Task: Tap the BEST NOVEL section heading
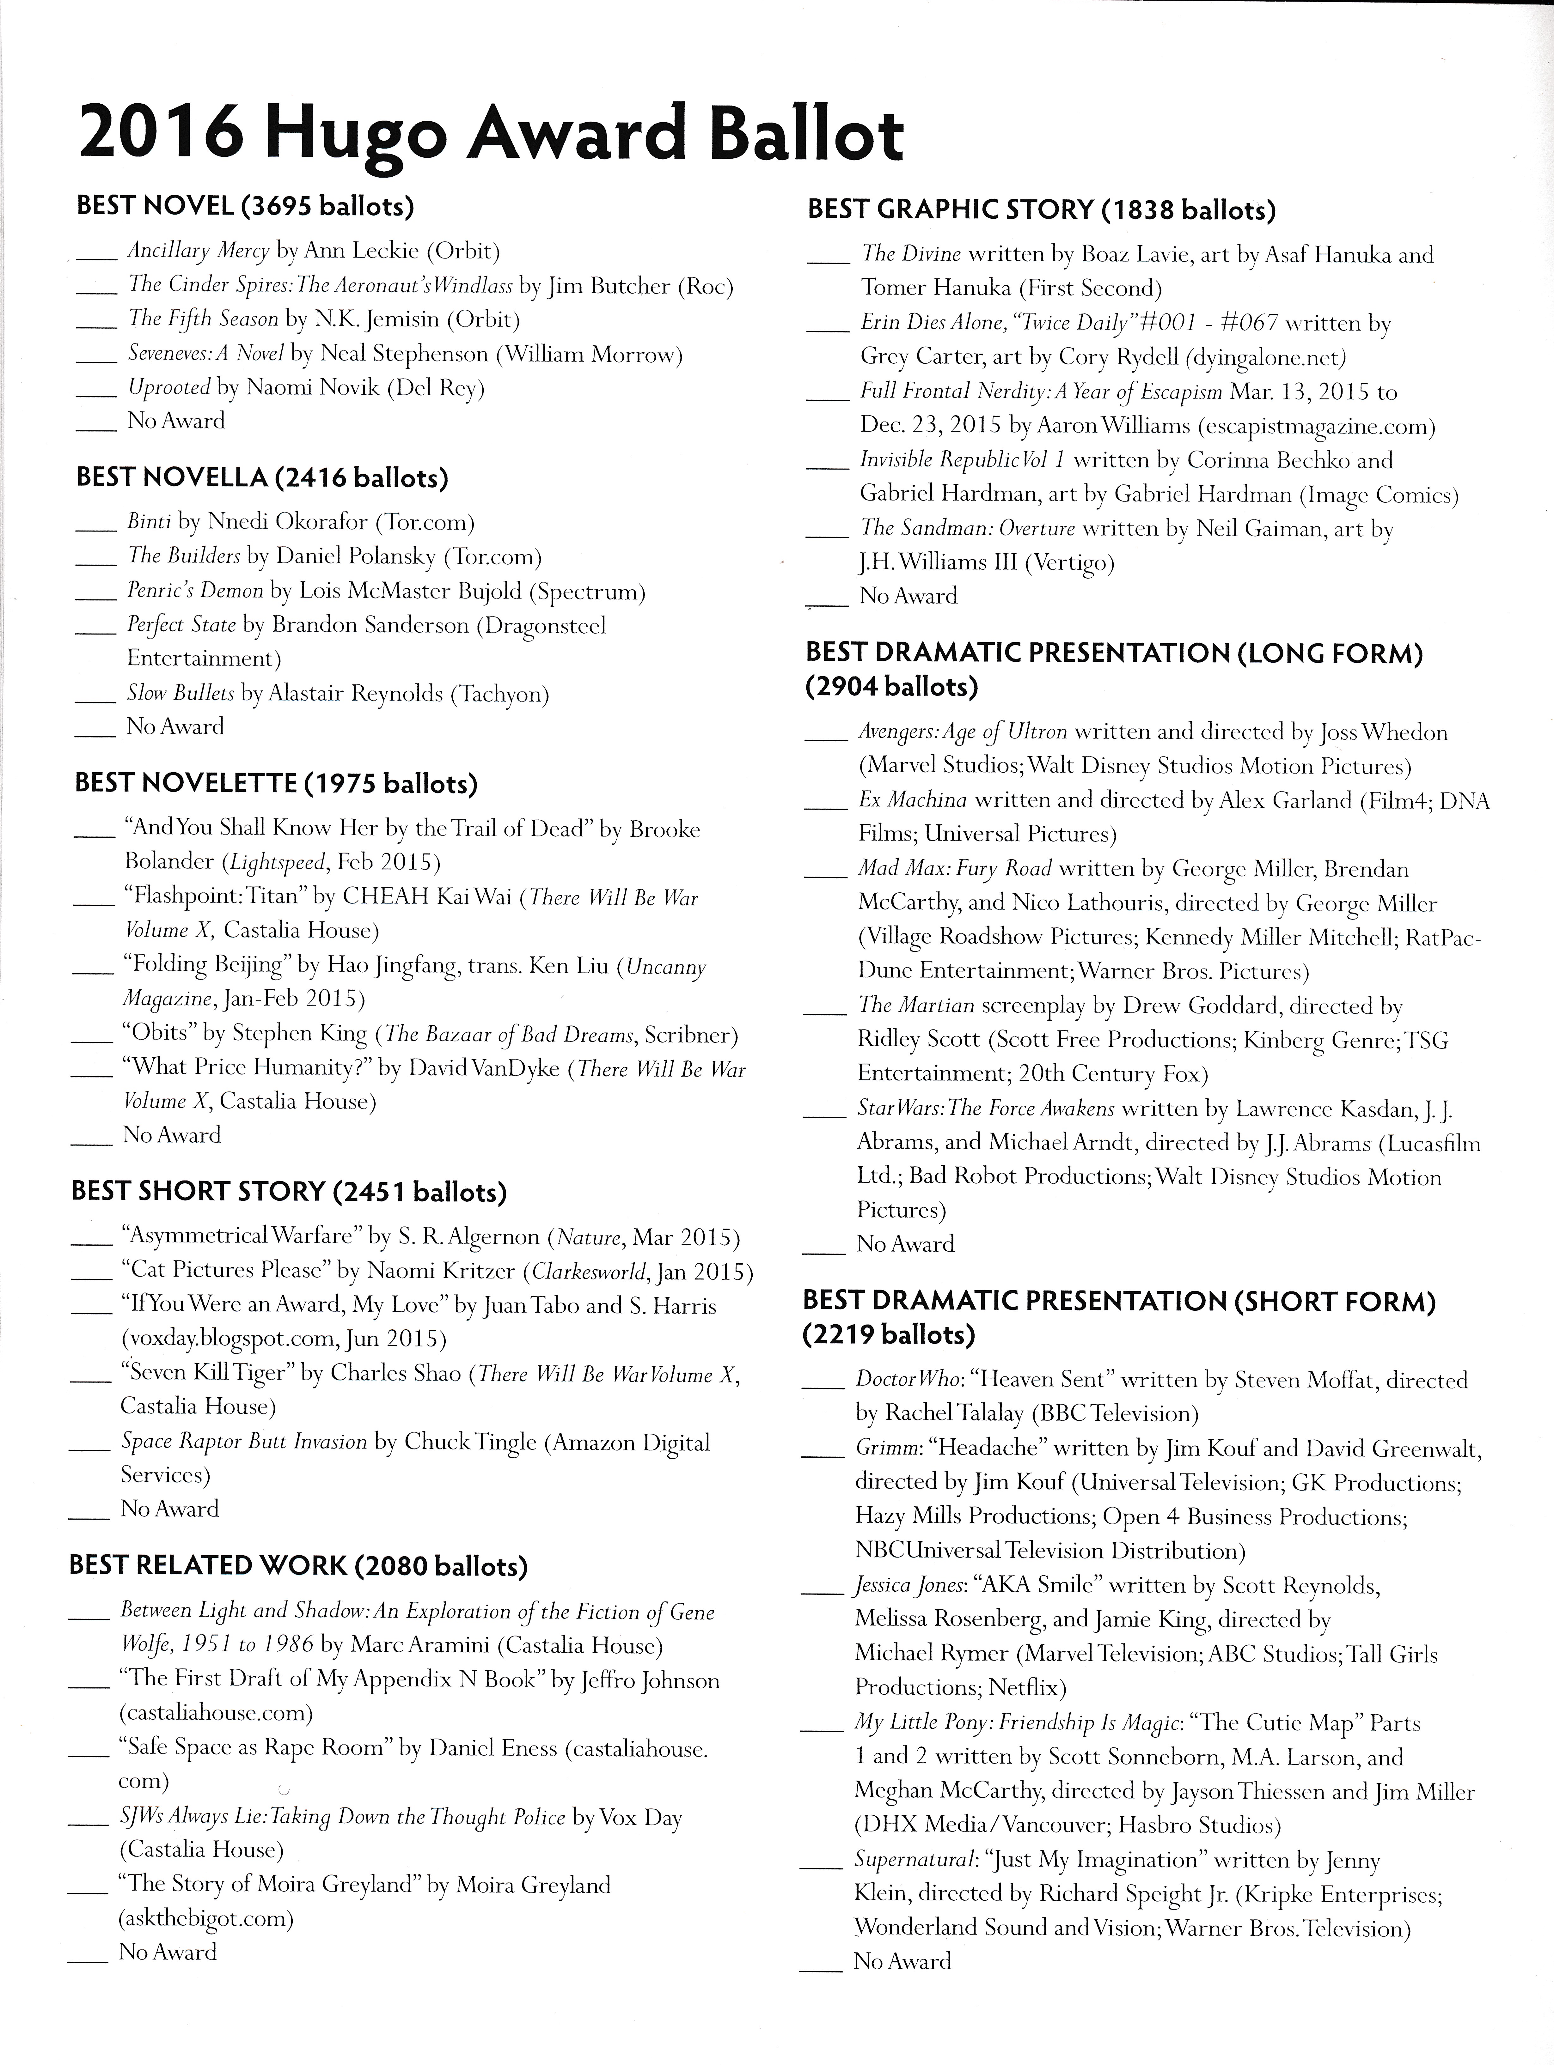pyautogui.click(x=245, y=206)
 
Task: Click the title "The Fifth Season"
pyautogui.click(x=204, y=319)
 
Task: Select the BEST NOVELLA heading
pyautogui.click(x=261, y=478)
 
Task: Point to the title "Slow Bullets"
pyautogui.click(x=179, y=694)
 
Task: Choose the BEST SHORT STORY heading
pyautogui.click(x=289, y=1192)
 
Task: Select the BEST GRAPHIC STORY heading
pyautogui.click(x=1040, y=210)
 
